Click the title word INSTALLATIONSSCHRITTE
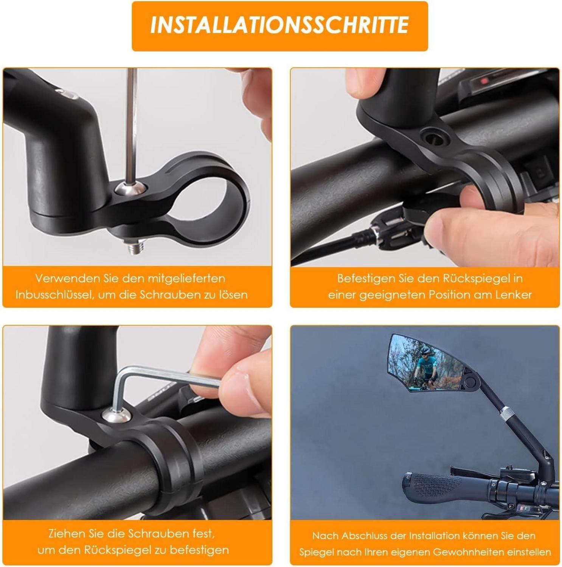pyautogui.click(x=279, y=25)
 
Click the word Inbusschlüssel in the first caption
pyautogui.click(x=54, y=295)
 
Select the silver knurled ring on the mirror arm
pyautogui.click(x=506, y=414)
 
